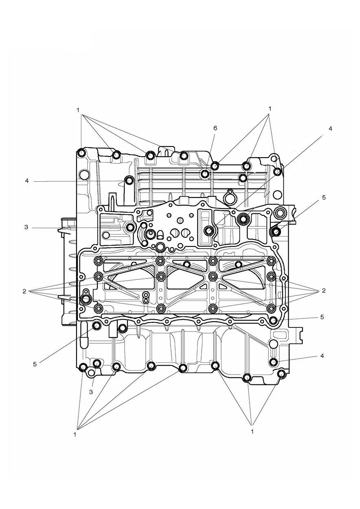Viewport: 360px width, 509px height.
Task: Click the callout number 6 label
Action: click(215, 128)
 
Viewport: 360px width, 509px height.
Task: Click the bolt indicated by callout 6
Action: click(205, 174)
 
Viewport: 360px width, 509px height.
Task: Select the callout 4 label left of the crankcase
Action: click(26, 181)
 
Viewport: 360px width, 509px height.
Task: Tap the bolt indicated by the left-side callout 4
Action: click(130, 180)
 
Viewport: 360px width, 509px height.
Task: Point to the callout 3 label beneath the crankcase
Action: click(91, 392)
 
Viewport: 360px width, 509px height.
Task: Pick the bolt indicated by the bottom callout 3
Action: click(97, 363)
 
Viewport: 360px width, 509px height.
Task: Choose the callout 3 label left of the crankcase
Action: click(26, 227)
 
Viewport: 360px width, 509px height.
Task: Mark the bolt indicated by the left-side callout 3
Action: click(130, 227)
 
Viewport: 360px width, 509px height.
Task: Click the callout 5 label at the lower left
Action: click(35, 364)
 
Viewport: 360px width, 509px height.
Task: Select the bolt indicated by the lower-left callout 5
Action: click(97, 325)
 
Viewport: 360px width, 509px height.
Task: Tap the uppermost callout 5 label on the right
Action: click(324, 197)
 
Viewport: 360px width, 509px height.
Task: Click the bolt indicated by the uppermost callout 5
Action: click(276, 232)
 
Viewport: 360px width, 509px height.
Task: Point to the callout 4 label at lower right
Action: click(322, 355)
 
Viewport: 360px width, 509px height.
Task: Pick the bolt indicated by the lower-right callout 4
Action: click(274, 362)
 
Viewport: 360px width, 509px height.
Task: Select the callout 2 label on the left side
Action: click(24, 291)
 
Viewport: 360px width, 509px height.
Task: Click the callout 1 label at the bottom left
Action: click(75, 434)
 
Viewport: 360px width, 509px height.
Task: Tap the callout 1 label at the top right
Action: click(270, 109)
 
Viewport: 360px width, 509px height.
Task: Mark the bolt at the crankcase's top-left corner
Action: click(81, 154)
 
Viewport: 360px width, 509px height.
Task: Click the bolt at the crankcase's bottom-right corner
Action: click(281, 374)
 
